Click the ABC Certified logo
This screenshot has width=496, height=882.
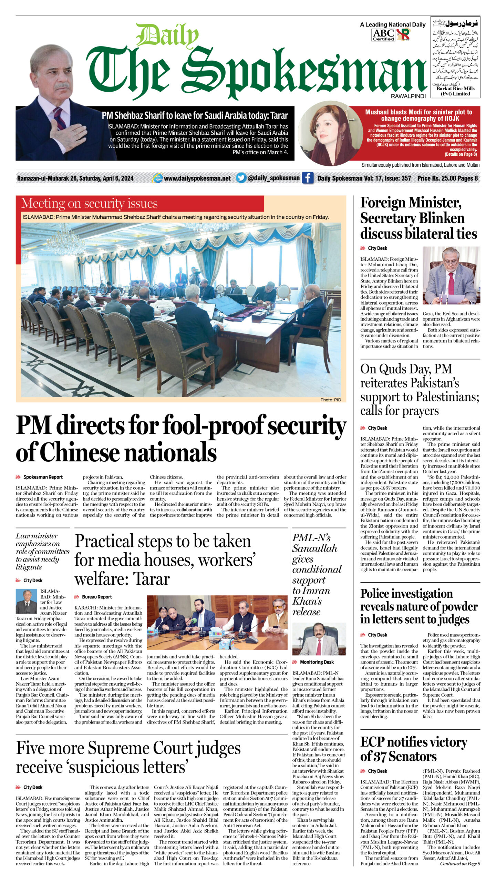coord(383,35)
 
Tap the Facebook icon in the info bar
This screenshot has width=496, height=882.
coord(308,178)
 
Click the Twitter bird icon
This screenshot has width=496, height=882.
coord(241,178)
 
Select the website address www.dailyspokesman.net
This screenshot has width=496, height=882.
coord(197,178)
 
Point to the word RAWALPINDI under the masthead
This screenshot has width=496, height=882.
coord(408,96)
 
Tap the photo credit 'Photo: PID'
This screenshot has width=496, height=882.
coord(330,400)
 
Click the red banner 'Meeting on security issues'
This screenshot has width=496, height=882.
coord(90,204)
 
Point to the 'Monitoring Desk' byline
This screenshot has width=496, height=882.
coord(317,662)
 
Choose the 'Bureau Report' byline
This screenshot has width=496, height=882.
coord(97,597)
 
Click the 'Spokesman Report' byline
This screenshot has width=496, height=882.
coord(43,477)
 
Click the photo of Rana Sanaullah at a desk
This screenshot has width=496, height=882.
coord(319,639)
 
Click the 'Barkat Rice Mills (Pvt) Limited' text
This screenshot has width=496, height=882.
coord(455,91)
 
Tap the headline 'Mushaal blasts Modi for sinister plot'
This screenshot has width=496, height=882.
coord(418,115)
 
